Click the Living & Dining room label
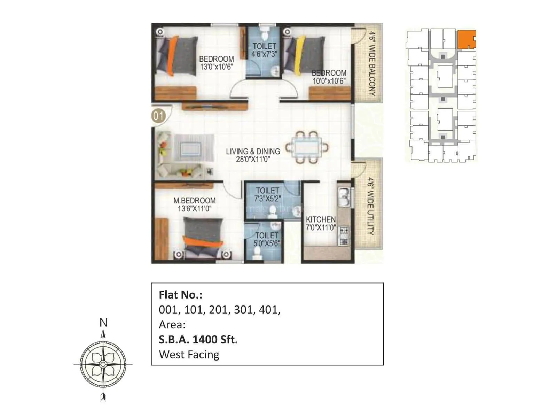pyautogui.click(x=253, y=152)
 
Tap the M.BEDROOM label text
pyautogui.click(x=195, y=201)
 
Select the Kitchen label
pyautogui.click(x=321, y=219)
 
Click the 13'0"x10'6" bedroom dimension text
pyautogui.click(x=216, y=67)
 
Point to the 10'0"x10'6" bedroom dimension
pyautogui.click(x=329, y=81)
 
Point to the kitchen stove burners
pyautogui.click(x=344, y=236)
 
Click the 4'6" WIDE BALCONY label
pyautogui.click(x=372, y=64)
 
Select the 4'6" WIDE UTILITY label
pyautogui.click(x=371, y=206)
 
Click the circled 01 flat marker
pyautogui.click(x=158, y=115)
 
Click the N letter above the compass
pyautogui.click(x=103, y=323)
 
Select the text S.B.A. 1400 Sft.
pyautogui.click(x=198, y=339)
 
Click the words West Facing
pyautogui.click(x=189, y=355)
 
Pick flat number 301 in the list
pyautogui.click(x=243, y=309)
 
